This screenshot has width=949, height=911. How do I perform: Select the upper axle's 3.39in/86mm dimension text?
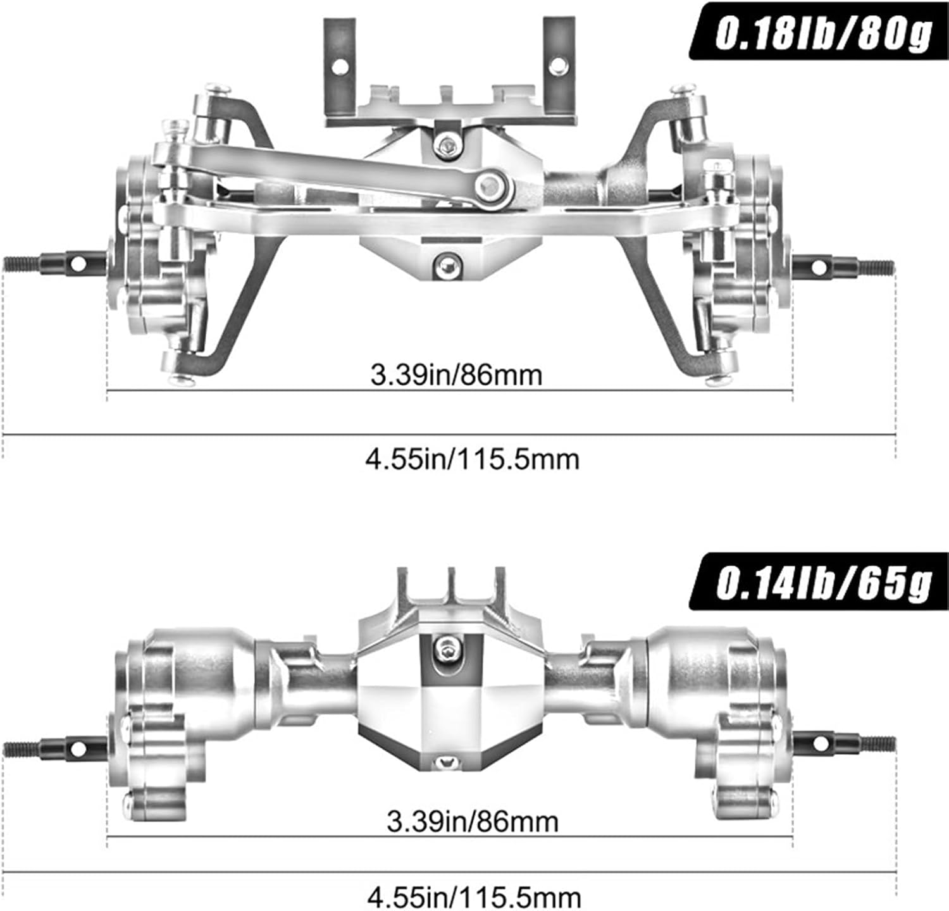point(456,375)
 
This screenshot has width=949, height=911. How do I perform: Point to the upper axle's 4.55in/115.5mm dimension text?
point(473,459)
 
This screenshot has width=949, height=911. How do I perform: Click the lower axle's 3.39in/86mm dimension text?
point(473,822)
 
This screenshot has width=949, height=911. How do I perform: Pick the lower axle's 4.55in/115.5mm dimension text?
point(474,896)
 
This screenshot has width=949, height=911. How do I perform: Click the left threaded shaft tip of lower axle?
point(19,748)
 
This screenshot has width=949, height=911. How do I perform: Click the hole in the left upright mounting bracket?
point(340,65)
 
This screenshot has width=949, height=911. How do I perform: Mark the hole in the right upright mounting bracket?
point(557,65)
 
